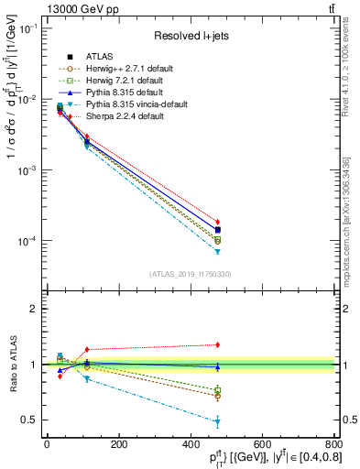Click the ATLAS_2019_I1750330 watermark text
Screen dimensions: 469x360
pos(191,274)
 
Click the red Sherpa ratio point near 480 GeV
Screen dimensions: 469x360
pos(218,344)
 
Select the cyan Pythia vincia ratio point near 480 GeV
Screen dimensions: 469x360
pos(218,421)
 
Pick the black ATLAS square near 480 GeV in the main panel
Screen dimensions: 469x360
pos(218,230)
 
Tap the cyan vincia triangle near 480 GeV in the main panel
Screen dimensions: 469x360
pos(218,251)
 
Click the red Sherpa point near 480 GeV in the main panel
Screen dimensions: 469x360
pos(218,222)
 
